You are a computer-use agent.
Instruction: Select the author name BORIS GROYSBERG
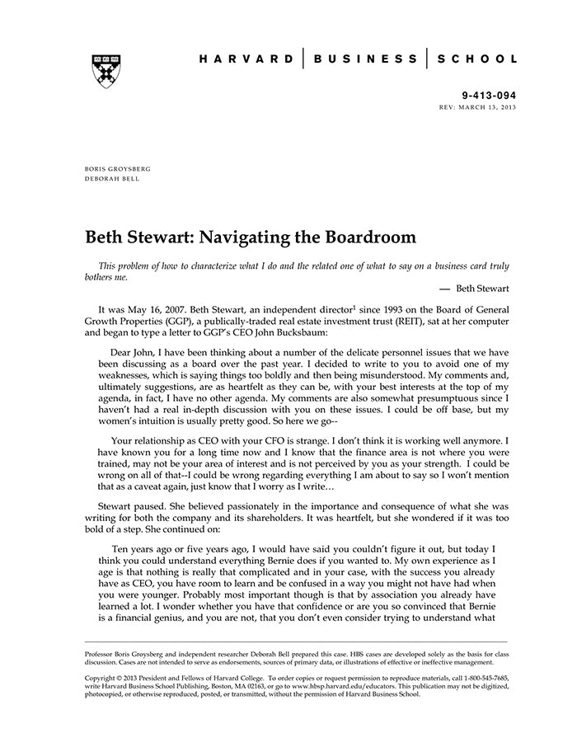pyautogui.click(x=118, y=168)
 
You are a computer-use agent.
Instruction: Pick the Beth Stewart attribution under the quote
pyautogui.click(x=482, y=289)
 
